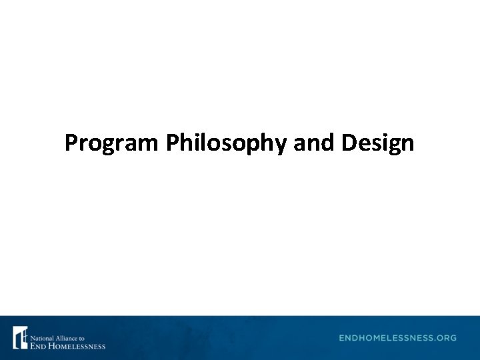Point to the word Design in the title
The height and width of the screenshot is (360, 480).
click(378, 143)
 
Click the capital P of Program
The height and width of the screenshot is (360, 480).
click(71, 143)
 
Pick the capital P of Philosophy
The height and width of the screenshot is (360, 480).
click(173, 143)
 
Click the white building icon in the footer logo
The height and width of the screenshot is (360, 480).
click(20, 338)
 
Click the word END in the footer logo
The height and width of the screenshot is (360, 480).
click(38, 346)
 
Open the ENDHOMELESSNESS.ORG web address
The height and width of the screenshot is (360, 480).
click(397, 338)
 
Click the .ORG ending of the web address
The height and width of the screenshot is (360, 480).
click(445, 338)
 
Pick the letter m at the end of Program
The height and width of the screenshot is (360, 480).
click(151, 144)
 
